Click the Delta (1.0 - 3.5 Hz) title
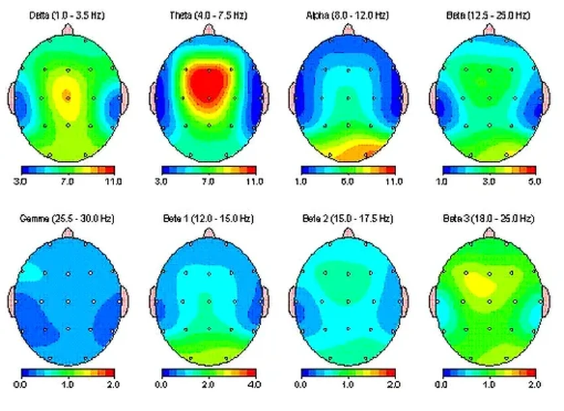(67, 15)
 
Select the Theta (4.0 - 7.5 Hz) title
(208, 15)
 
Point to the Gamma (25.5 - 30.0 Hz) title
(67, 218)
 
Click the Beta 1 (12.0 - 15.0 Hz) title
(208, 218)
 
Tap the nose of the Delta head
(67, 29)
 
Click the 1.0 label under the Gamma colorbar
(67, 384)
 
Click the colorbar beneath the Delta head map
(67, 170)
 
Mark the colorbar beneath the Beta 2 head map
(348, 373)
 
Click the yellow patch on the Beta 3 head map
(479, 284)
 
